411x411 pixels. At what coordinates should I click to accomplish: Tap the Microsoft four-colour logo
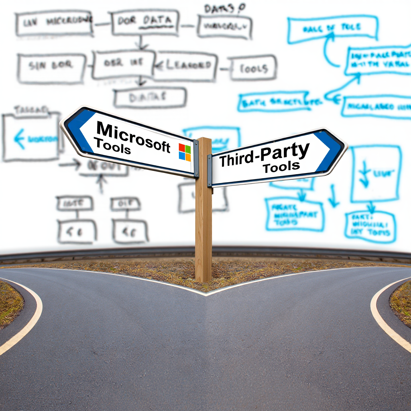pyautogui.click(x=185, y=152)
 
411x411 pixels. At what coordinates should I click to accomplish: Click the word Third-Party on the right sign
pyautogui.click(x=265, y=155)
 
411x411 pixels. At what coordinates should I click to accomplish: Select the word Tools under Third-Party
pyautogui.click(x=281, y=167)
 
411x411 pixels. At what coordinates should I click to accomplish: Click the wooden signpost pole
pyautogui.click(x=203, y=225)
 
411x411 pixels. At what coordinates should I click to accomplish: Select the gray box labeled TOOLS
pyautogui.click(x=253, y=68)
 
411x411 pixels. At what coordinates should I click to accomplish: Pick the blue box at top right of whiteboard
pyautogui.click(x=333, y=29)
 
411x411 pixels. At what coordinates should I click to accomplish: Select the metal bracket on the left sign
pyautogui.click(x=196, y=158)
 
